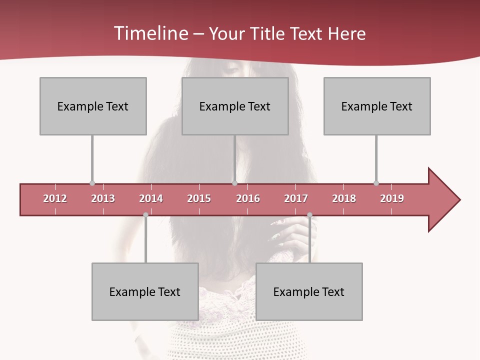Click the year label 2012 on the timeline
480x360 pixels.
pyautogui.click(x=55, y=198)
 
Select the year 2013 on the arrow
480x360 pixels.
pyautogui.click(x=103, y=198)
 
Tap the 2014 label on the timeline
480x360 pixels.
pyautogui.click(x=151, y=198)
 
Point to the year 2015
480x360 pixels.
pyautogui.click(x=199, y=198)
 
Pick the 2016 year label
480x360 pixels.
pyautogui.click(x=248, y=198)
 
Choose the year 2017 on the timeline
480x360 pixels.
pyautogui.click(x=296, y=198)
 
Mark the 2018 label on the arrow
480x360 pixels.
pyautogui.click(x=344, y=198)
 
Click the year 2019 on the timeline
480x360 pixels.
pyautogui.click(x=392, y=198)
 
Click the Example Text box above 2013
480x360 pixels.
pyautogui.click(x=93, y=106)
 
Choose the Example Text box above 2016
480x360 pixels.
pyautogui.click(x=235, y=106)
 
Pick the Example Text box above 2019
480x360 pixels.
pyautogui.click(x=377, y=106)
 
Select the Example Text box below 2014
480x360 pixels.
pyautogui.click(x=145, y=291)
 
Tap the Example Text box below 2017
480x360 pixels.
pyautogui.click(x=309, y=291)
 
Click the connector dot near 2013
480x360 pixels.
pyautogui.click(x=92, y=183)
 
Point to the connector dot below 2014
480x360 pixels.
pyautogui.click(x=145, y=215)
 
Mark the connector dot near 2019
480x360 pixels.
pyautogui.click(x=376, y=183)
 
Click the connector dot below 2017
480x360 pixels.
pyautogui.click(x=309, y=215)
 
